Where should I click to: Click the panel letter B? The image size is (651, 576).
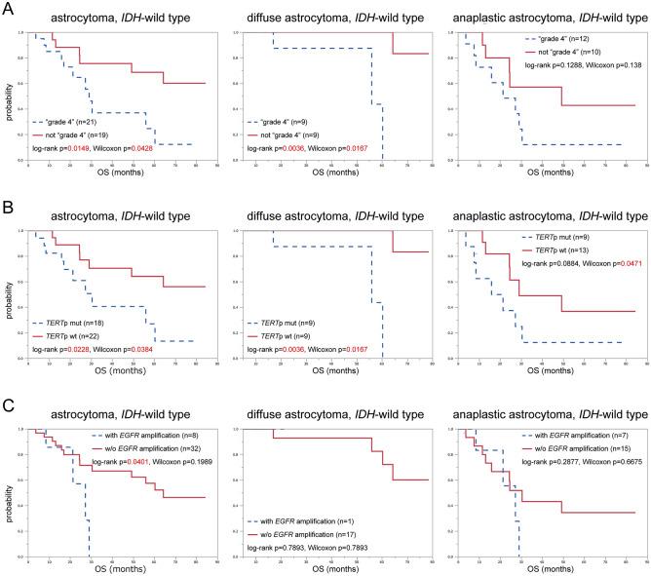tap(8, 202)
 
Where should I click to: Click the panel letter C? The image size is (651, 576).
tap(8, 394)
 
